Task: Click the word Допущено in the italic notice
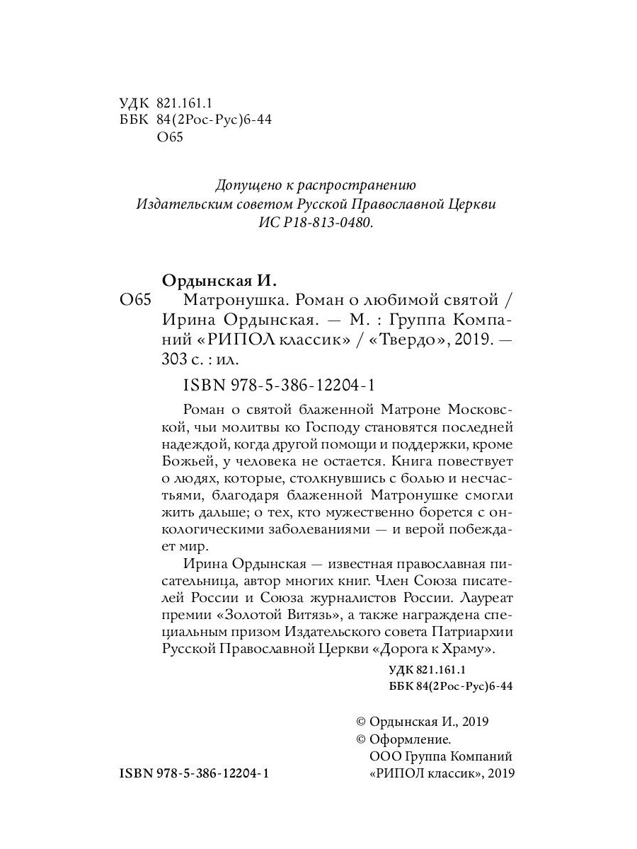tap(244, 185)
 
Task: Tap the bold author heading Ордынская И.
tap(217, 280)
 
